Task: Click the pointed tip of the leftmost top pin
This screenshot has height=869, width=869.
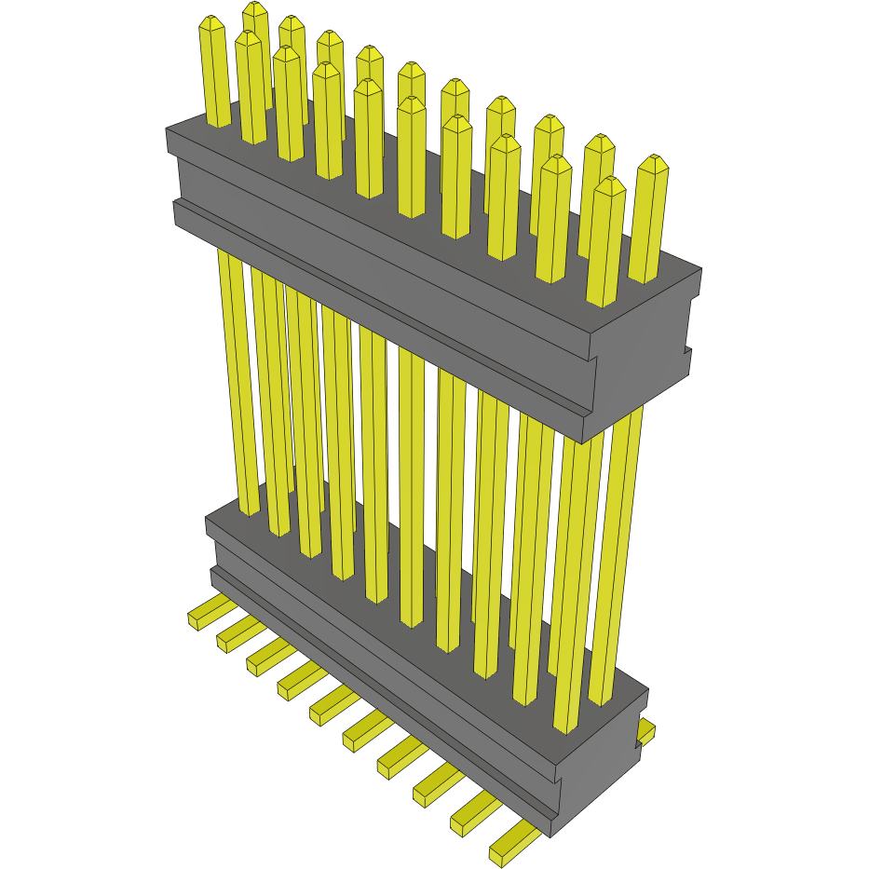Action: [212, 22]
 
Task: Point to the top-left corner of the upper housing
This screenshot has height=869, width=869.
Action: [168, 130]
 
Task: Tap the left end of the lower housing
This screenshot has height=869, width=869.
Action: [212, 550]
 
